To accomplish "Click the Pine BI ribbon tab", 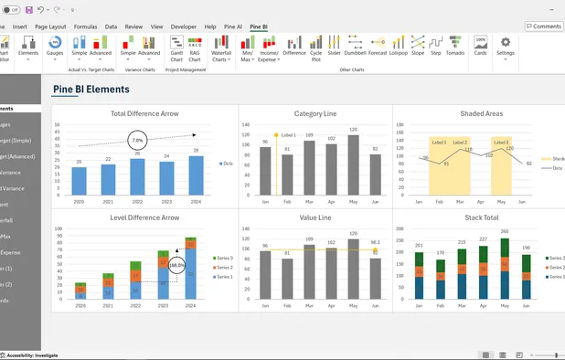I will [259, 27].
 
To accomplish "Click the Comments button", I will [543, 26].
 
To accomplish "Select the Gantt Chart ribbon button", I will [177, 49].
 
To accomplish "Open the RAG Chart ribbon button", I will [195, 49].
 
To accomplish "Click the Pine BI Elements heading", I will [91, 90].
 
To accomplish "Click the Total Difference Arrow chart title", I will [144, 114].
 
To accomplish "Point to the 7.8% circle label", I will [137, 141].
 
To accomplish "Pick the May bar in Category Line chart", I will [353, 164].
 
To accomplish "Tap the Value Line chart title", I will [314, 218].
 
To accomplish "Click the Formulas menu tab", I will [85, 27].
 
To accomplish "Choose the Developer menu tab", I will [184, 27].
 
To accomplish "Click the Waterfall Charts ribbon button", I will [221, 49].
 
